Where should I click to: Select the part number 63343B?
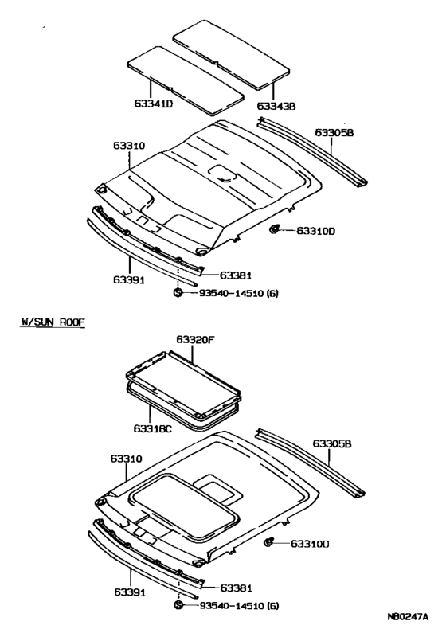(276, 105)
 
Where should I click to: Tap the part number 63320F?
(196, 340)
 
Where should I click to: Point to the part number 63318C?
(153, 428)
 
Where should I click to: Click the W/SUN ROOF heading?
(53, 322)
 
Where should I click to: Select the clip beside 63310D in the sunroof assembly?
(268, 544)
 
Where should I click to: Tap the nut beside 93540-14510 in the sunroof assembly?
(178, 608)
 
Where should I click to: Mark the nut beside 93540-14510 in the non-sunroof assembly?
(178, 294)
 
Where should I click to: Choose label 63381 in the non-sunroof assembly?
(236, 275)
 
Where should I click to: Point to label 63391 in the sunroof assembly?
(128, 593)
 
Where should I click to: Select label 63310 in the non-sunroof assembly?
(128, 146)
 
